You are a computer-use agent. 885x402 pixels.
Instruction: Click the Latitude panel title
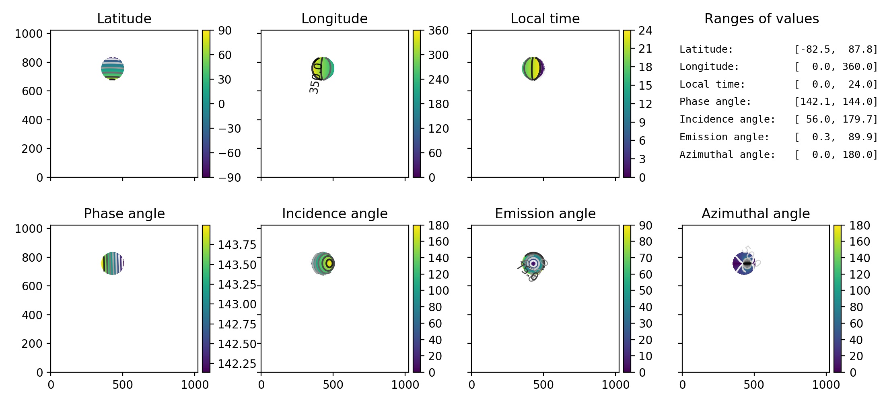pos(124,18)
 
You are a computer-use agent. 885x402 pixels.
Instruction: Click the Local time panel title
pos(545,18)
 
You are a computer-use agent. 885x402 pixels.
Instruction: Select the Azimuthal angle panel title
pos(755,213)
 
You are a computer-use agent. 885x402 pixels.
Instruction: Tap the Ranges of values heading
pos(762,18)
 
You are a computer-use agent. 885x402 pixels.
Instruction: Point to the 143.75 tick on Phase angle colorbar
pos(237,245)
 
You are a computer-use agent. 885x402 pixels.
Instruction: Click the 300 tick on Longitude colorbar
pos(438,55)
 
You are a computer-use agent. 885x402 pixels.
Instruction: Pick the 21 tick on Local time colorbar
pos(645,49)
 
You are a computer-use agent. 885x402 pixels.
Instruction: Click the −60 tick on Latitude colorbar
pos(229,153)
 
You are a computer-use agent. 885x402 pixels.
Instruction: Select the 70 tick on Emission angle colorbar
pos(645,258)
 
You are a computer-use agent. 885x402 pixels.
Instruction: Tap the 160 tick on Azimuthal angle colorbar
pos(859,242)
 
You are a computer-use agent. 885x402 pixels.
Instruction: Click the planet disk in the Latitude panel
pos(113,69)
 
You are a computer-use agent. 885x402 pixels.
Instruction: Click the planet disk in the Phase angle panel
pos(113,264)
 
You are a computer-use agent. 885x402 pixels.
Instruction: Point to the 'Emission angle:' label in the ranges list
pos(724,137)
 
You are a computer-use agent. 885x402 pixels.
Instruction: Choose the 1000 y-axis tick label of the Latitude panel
pos(29,34)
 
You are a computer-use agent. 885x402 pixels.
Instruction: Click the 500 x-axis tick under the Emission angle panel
pos(543,385)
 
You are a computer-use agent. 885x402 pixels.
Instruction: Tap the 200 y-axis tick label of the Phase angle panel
pos(32,344)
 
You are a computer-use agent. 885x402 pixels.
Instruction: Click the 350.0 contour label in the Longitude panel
pos(315,78)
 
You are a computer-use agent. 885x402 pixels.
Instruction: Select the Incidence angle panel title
pos(335,213)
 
